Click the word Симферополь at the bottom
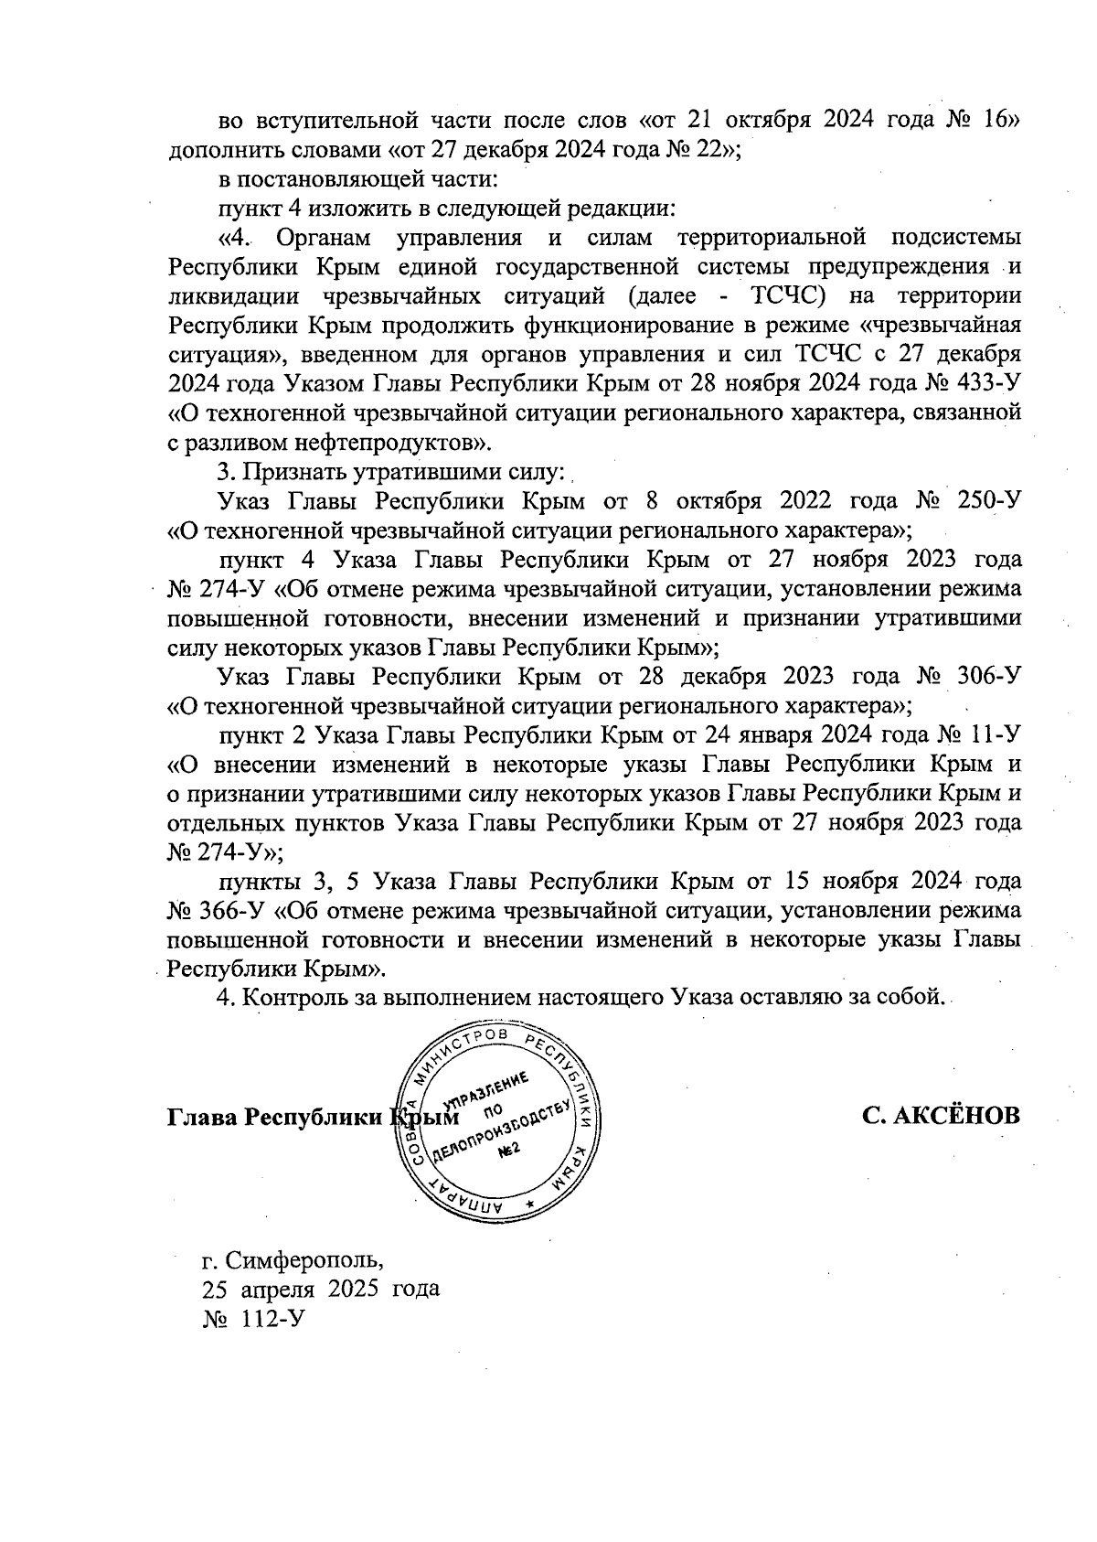tap(304, 1261)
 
